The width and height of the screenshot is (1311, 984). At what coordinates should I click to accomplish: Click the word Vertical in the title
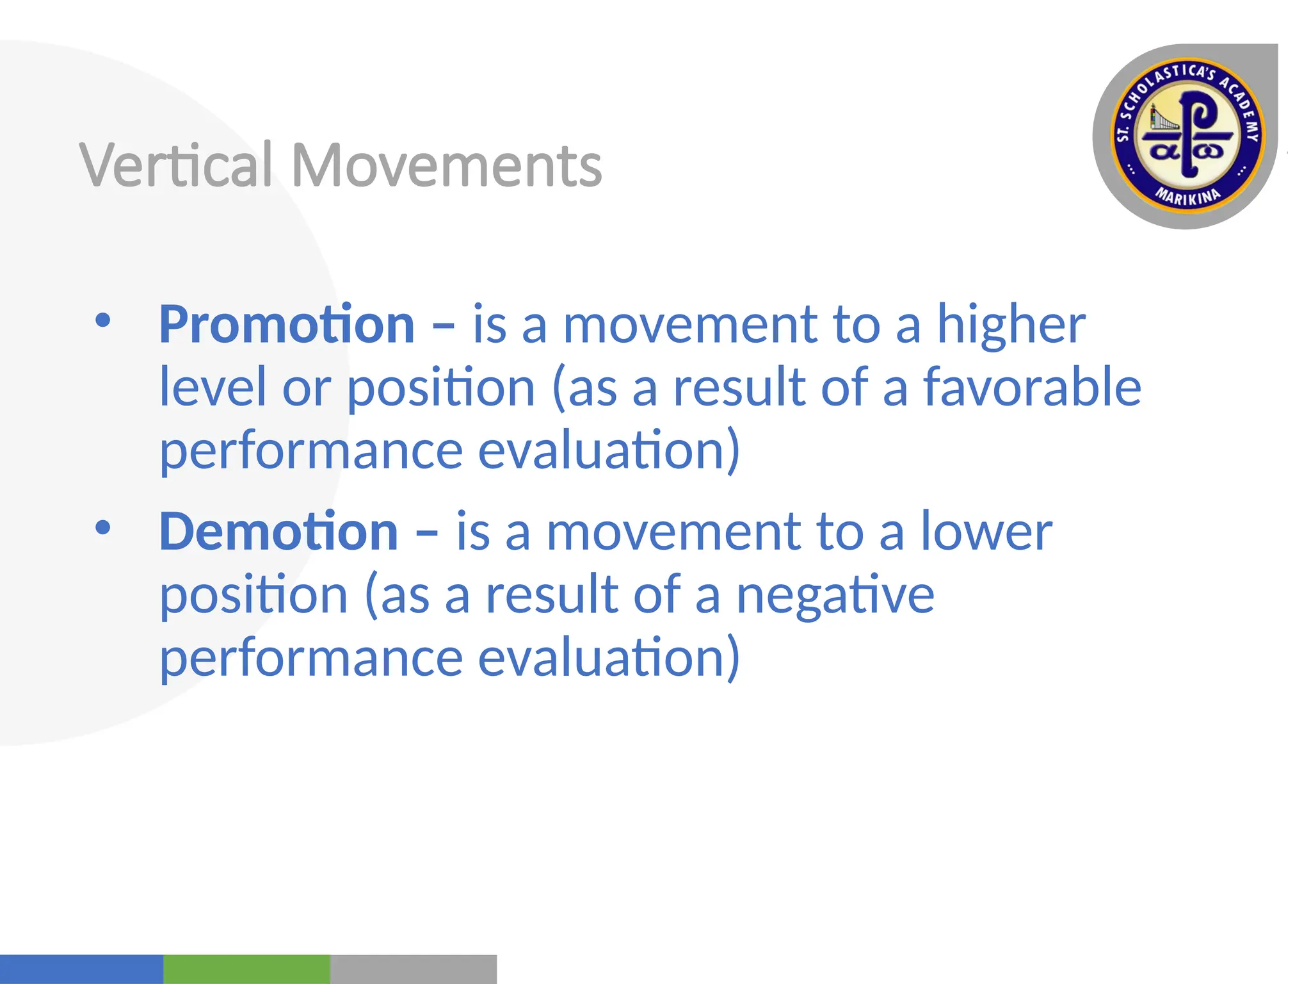point(177,165)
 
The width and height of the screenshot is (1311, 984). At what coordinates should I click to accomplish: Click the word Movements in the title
point(447,165)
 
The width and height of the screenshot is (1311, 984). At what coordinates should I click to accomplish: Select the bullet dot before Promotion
point(102,320)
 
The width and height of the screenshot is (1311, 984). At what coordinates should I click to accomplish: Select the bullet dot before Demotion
point(102,527)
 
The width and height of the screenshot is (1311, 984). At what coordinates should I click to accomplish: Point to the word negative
point(835,594)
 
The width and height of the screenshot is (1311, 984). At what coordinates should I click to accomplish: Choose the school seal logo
point(1186,136)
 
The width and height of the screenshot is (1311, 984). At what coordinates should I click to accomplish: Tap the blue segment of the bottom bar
point(81,969)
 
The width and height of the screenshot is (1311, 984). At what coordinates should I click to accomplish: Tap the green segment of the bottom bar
point(246,969)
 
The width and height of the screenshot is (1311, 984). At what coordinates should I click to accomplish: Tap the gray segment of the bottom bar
point(413,969)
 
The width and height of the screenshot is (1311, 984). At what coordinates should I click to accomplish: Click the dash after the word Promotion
point(443,325)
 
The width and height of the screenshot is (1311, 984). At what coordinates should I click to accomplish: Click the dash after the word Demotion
point(426,532)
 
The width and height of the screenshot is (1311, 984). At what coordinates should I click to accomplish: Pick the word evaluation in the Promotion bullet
point(609,450)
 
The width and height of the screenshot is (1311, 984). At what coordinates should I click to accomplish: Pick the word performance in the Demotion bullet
point(311,658)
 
